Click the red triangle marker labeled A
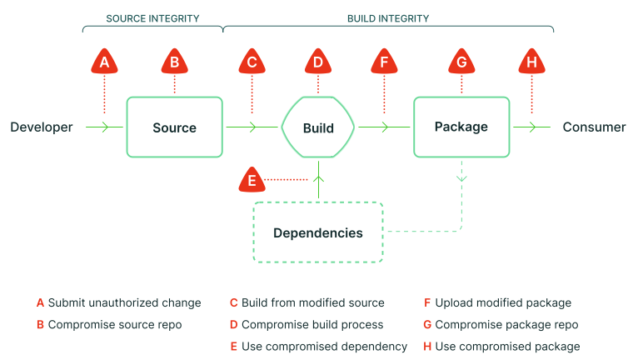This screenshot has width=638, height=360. point(105,61)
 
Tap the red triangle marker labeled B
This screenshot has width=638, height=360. point(175,61)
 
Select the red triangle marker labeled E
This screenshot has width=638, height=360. point(252,179)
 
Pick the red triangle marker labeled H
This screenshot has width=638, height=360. point(531,61)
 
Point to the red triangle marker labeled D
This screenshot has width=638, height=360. point(318,61)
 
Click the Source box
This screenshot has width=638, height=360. point(175,127)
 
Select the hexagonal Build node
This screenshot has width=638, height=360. point(318,127)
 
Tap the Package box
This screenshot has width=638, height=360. point(461,127)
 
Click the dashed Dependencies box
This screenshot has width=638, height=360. point(318,232)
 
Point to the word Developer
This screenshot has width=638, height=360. point(42,127)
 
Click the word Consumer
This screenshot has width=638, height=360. point(594,127)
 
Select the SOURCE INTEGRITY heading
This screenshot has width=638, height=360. point(152,18)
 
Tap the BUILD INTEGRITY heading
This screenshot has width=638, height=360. point(388,18)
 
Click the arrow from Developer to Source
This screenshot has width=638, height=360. point(104,127)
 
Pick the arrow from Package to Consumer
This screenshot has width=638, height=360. point(531,127)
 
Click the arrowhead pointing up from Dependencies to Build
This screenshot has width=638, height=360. point(319,179)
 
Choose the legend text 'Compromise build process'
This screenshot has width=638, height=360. point(312,324)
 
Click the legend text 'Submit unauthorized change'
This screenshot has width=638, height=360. point(124,303)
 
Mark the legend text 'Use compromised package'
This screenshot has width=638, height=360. point(508,347)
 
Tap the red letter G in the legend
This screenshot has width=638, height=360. point(427,324)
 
